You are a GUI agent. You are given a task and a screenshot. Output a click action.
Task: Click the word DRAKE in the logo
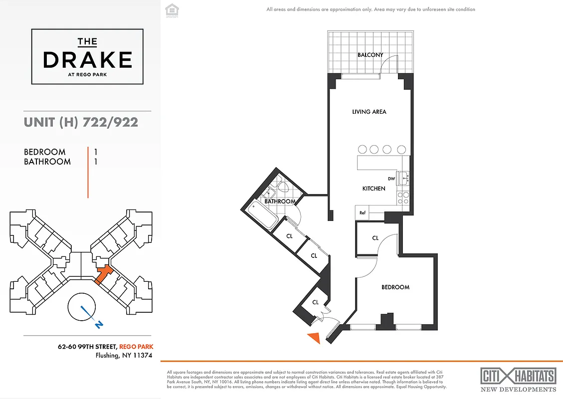87,60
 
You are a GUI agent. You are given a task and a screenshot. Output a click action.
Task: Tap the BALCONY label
370,55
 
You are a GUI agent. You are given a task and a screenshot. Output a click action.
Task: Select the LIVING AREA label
369,112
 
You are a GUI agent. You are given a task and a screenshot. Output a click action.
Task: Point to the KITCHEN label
374,189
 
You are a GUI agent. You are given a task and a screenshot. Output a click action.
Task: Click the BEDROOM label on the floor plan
395,287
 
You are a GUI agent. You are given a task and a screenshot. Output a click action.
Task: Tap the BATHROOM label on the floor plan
280,201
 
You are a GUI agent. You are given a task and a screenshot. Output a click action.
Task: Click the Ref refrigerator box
363,213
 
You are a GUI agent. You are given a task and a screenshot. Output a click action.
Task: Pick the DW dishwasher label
391,179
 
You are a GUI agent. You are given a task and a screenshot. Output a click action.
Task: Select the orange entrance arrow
314,338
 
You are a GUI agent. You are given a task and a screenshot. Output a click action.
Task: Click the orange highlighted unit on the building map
104,274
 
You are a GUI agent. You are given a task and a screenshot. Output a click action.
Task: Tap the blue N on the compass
100,325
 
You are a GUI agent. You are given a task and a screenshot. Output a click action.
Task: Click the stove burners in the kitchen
403,198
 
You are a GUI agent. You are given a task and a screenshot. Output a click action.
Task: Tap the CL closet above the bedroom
375,238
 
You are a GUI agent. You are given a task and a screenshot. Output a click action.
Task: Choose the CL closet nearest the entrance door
315,302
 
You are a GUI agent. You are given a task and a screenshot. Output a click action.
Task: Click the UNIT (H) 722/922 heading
81,122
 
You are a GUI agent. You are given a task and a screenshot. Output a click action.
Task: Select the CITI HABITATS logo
518,376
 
